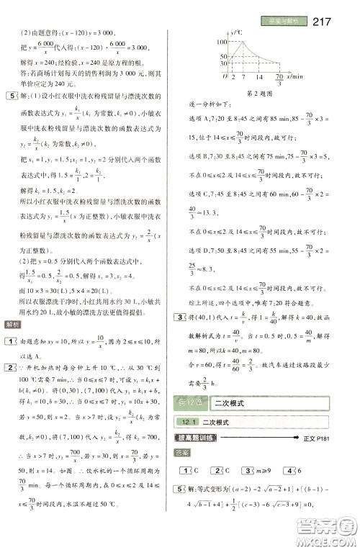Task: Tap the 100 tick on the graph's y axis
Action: pos(222,44)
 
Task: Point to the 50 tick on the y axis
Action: pos(223,57)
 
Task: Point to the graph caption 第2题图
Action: pos(262,94)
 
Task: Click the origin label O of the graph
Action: pos(226,75)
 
